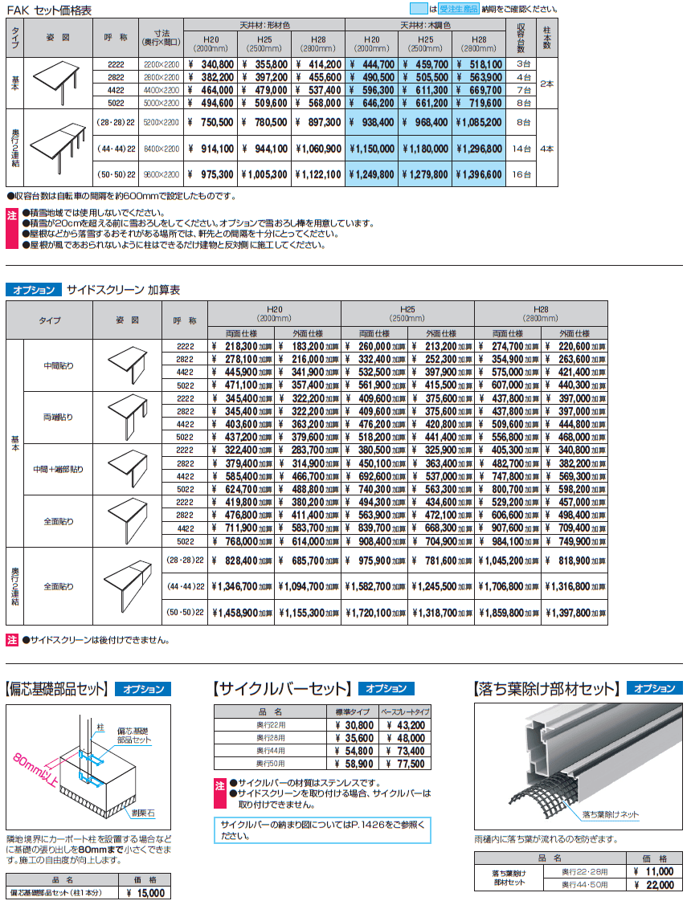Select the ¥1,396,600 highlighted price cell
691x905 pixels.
tap(480, 173)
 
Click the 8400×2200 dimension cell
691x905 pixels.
tap(162, 149)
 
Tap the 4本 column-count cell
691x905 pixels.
tap(546, 149)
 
